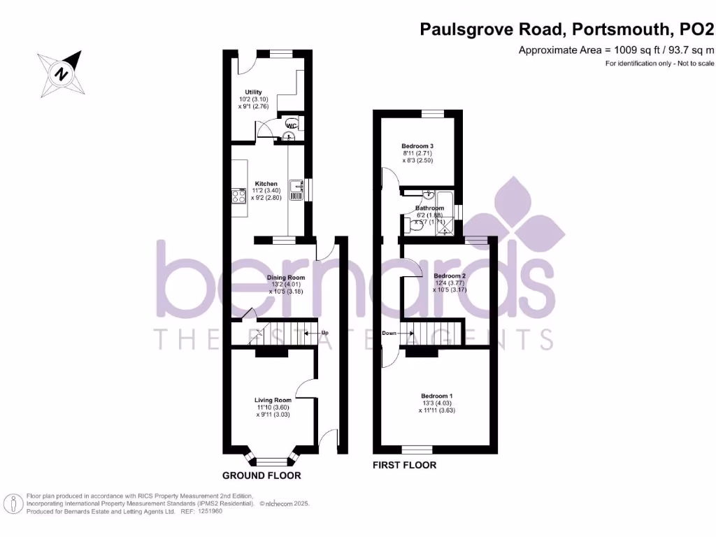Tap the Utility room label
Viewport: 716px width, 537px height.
coord(252,92)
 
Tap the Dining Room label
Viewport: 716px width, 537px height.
coord(286,277)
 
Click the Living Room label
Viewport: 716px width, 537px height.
coord(273,400)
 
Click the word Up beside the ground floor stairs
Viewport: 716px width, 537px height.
coord(324,333)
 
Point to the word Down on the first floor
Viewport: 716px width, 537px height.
coord(389,333)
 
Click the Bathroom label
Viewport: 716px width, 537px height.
coord(429,208)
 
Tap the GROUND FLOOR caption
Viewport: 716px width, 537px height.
coord(262,475)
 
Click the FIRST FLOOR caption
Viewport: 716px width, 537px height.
coord(404,465)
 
